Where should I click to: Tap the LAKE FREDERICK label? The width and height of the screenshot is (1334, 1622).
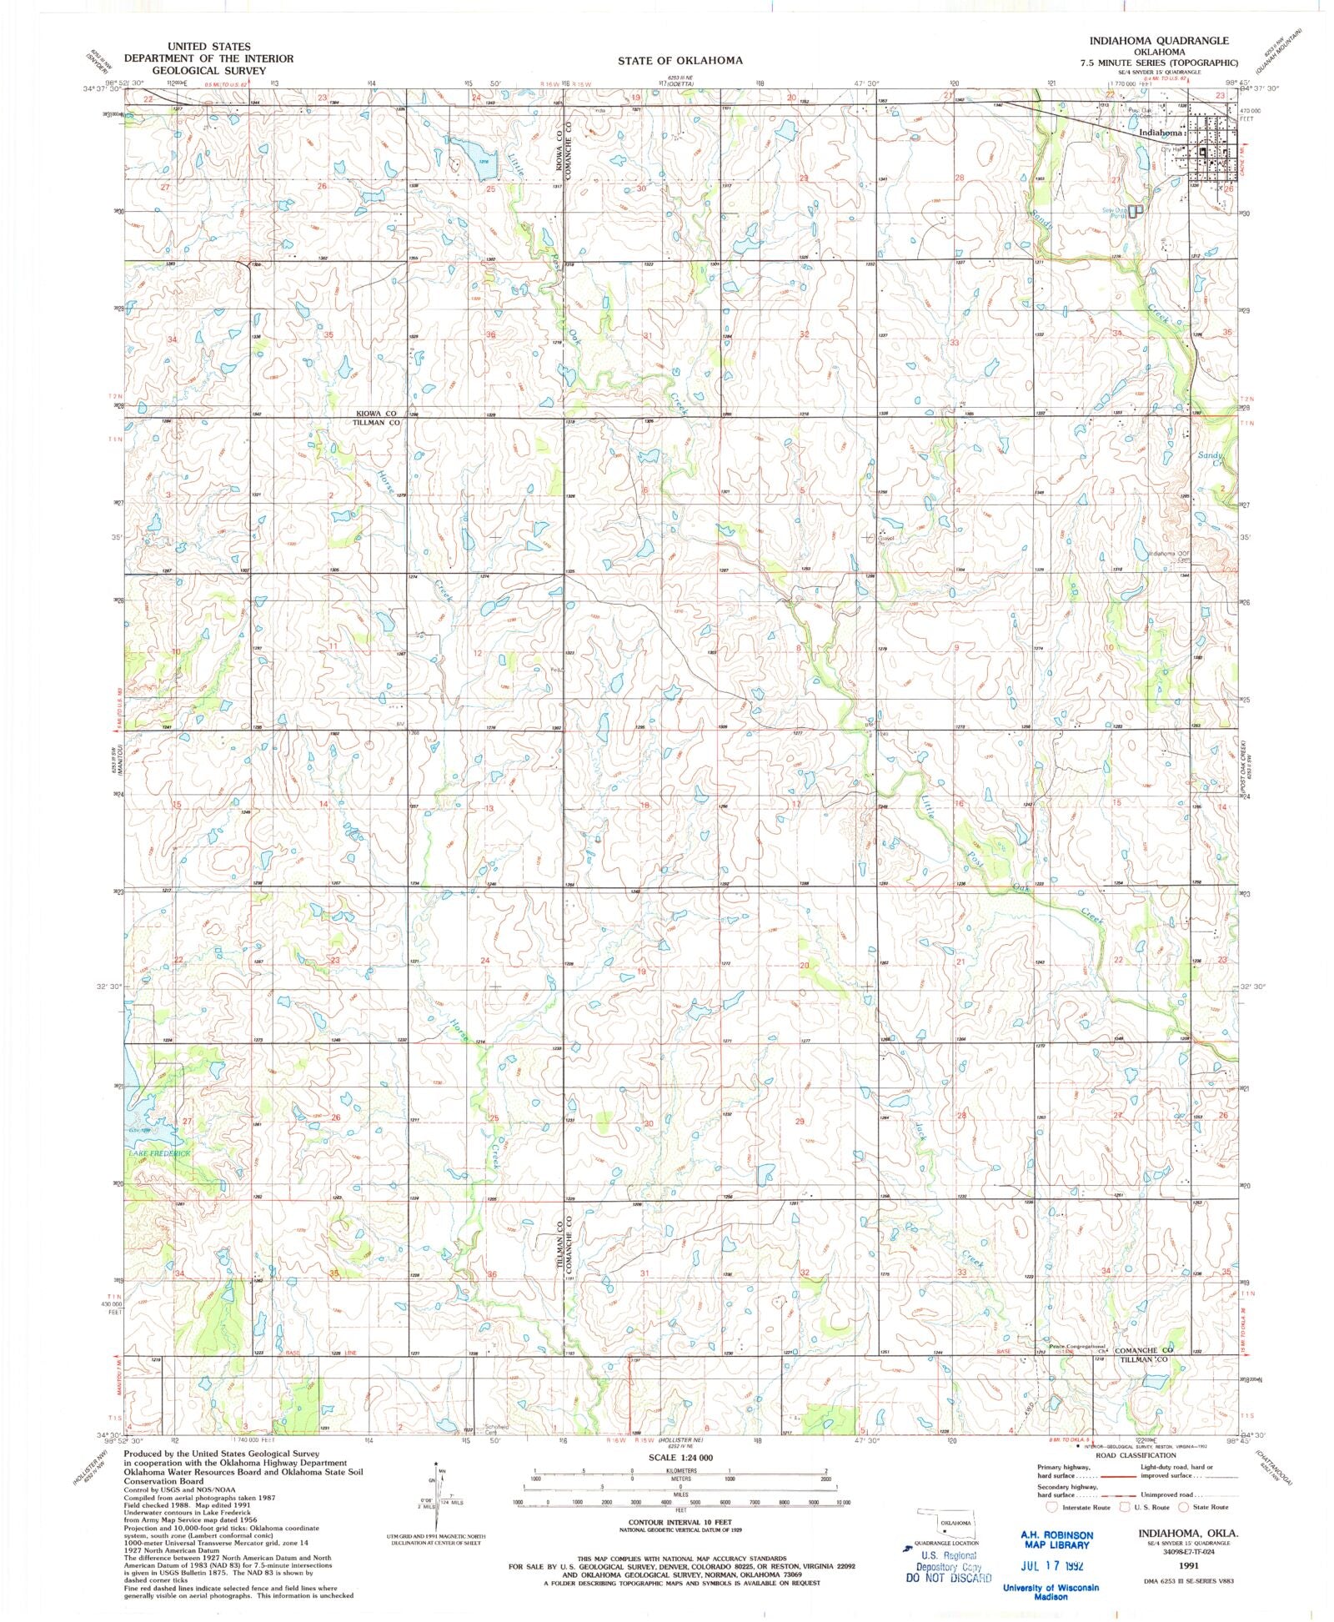[159, 1153]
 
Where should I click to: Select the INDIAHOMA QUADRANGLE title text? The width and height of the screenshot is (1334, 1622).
[1158, 41]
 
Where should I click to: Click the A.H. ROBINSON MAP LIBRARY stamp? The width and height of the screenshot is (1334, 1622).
[1056, 1539]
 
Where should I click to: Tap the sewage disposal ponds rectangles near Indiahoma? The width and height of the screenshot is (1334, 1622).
[1134, 212]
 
